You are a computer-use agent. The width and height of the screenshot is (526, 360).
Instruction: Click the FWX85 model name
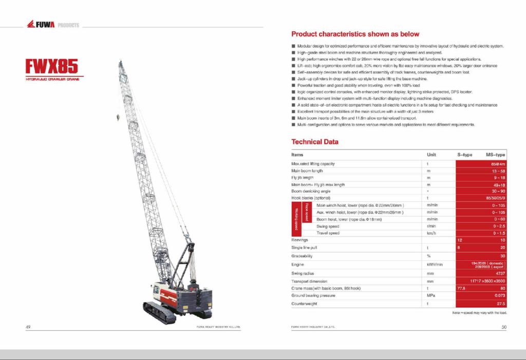(52, 66)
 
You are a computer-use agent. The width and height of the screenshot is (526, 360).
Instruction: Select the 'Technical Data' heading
(315, 142)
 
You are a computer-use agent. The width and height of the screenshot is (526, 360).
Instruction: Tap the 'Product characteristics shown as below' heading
(355, 34)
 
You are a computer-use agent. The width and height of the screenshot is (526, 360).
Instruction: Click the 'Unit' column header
(431, 154)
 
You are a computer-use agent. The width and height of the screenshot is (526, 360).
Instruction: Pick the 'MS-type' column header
(495, 154)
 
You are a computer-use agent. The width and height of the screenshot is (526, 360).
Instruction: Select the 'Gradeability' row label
(303, 255)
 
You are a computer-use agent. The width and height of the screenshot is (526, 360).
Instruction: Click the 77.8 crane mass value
(461, 289)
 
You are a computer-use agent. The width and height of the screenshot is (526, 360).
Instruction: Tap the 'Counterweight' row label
(304, 304)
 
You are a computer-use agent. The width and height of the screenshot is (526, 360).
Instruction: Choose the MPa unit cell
(431, 296)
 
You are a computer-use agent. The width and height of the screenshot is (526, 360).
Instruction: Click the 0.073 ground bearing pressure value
(498, 296)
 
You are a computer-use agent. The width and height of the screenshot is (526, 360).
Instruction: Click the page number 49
(28, 327)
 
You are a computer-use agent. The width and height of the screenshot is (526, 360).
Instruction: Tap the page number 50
(504, 327)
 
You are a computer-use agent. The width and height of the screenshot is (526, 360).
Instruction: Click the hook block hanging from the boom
(119, 118)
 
